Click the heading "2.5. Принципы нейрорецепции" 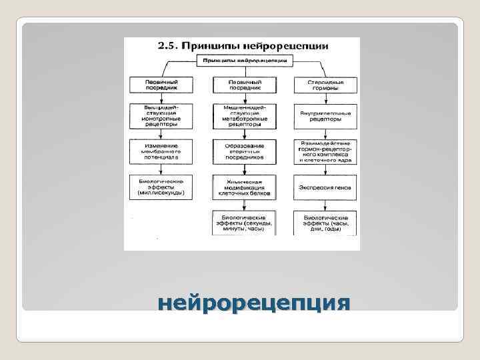pos(242,47)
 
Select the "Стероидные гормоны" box pos(325,85)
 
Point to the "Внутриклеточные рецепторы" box pos(325,116)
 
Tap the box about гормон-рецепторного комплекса pos(325,151)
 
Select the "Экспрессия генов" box pos(325,187)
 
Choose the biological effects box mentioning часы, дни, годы pos(325,223)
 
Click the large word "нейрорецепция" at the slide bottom pos(254,303)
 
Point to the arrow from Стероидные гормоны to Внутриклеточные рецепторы pos(325,99)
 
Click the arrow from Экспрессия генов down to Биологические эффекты pos(325,205)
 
